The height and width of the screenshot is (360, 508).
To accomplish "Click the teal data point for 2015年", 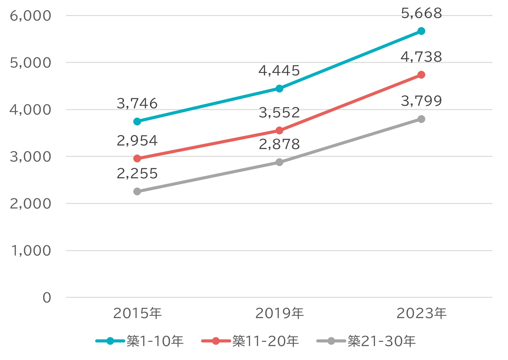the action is tap(137, 122).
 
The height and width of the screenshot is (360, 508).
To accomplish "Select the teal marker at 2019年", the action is tap(280, 88).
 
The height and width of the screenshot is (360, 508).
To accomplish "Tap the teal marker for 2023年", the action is tap(421, 31).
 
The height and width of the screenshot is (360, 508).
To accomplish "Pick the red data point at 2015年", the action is tap(137, 158).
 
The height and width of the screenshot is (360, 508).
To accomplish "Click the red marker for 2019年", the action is tap(280, 131).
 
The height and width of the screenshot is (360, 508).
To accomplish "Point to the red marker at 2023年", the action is tap(421, 75).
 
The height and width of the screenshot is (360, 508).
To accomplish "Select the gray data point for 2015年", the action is tap(137, 192).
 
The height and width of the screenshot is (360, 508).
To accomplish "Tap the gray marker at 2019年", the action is tap(280, 162).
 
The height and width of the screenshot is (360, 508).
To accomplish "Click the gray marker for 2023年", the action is tap(421, 119).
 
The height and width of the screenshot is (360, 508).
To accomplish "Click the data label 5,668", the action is tap(421, 13).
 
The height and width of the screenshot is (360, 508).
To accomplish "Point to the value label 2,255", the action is tap(137, 174).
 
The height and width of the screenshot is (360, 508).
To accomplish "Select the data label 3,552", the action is tap(280, 113).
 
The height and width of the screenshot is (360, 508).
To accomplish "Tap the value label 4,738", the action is tap(421, 57).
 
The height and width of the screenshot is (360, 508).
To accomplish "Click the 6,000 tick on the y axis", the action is tap(30, 16).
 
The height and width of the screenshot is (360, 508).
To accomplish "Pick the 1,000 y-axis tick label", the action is tap(31, 251).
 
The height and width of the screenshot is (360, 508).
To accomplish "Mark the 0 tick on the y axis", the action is tap(47, 297).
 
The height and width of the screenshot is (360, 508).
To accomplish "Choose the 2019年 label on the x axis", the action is tap(280, 313).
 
